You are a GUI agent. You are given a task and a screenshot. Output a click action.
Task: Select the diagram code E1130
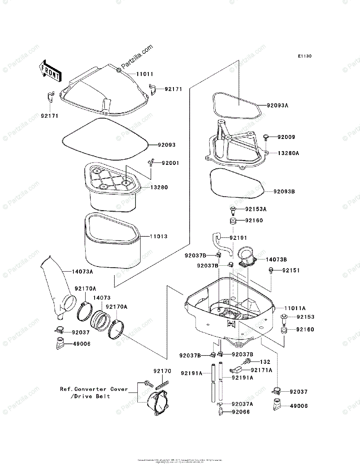tap(304, 57)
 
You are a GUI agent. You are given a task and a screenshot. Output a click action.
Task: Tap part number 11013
tap(158, 237)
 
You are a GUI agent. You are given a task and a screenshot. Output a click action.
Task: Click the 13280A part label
tap(288, 153)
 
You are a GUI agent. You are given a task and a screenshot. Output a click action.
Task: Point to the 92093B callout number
tap(285, 192)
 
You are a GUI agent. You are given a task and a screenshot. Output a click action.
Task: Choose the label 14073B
tap(276, 259)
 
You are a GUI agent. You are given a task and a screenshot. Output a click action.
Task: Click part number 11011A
tap(295, 309)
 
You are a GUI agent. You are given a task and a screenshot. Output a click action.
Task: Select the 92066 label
tap(241, 412)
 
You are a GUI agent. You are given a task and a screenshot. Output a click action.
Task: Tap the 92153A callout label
tap(256, 209)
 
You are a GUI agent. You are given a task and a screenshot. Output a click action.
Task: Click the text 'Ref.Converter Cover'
tap(94, 389)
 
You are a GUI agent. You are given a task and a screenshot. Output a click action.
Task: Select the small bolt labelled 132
tap(247, 361)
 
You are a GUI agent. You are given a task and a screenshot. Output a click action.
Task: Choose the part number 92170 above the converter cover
tap(162, 371)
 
